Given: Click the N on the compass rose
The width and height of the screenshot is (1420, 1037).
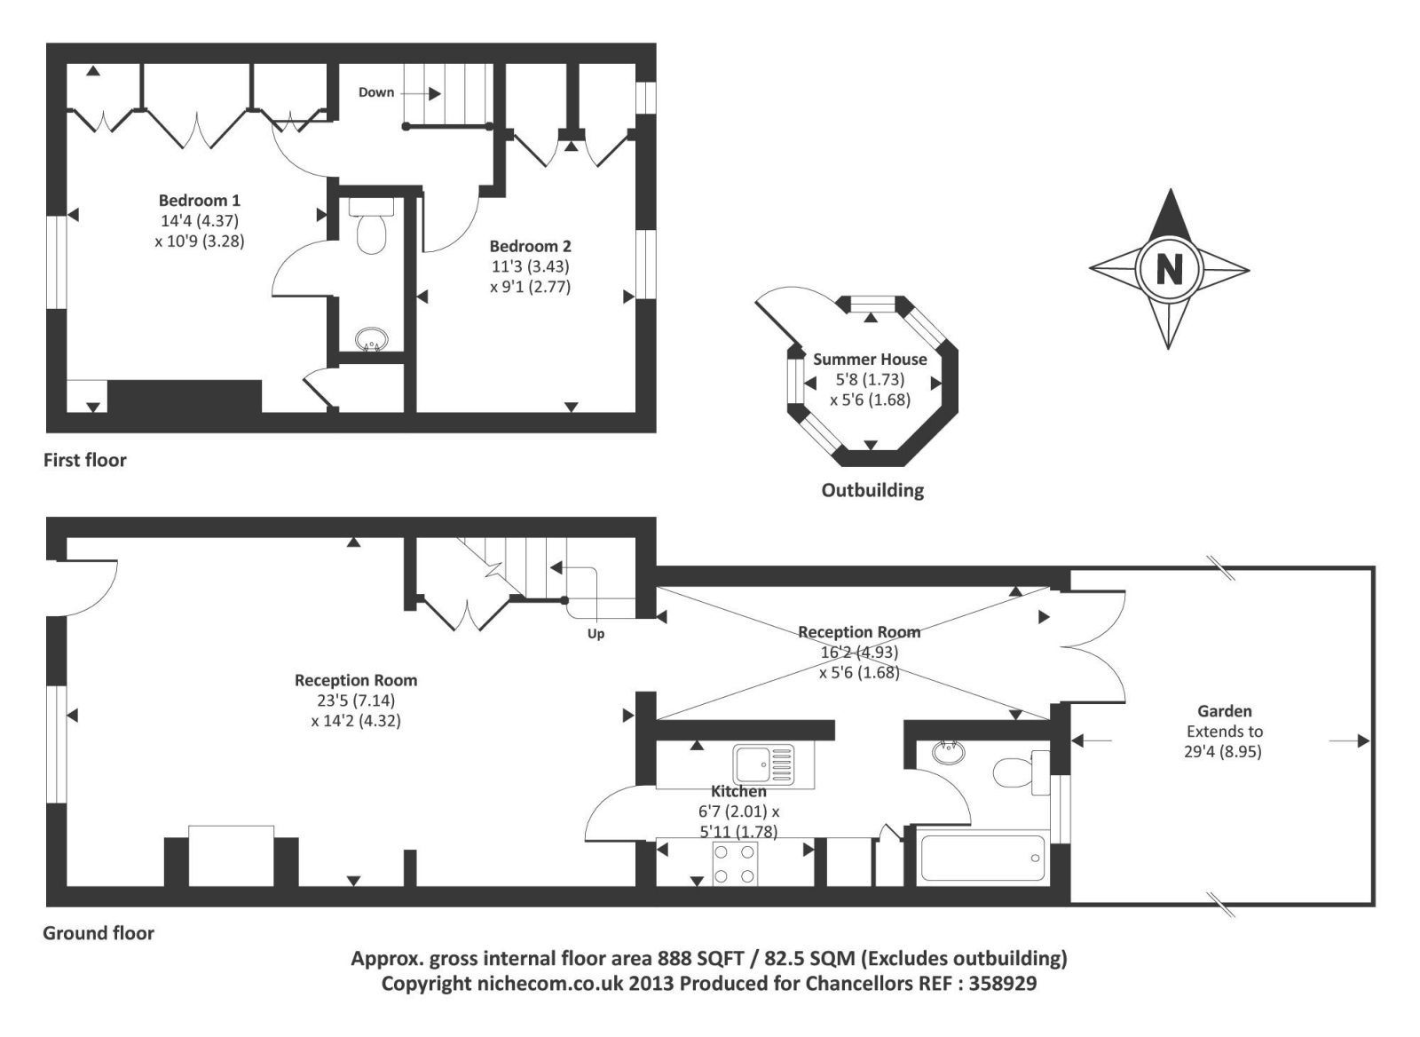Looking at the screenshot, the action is pyautogui.click(x=1169, y=268).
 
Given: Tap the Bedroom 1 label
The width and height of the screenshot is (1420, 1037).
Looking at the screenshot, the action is pyautogui.click(x=199, y=201).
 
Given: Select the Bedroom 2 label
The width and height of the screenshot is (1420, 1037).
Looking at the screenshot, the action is pyautogui.click(x=530, y=246).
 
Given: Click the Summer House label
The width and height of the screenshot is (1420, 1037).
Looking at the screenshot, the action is pyautogui.click(x=870, y=360).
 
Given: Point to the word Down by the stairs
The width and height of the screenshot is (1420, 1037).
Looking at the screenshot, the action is pyautogui.click(x=376, y=92).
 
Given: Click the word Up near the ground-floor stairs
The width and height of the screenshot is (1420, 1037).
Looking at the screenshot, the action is pyautogui.click(x=596, y=634).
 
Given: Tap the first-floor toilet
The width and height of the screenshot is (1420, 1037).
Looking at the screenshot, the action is pyautogui.click(x=371, y=227).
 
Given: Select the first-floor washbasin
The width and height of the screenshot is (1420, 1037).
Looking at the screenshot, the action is pyautogui.click(x=371, y=338).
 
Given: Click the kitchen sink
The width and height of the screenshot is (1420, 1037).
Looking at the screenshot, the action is pyautogui.click(x=762, y=764).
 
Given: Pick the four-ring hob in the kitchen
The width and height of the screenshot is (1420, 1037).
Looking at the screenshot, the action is pyautogui.click(x=736, y=864).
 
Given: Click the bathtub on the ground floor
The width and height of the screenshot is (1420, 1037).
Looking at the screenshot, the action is pyautogui.click(x=982, y=858).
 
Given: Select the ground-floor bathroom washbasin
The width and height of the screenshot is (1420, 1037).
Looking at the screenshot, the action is pyautogui.click(x=949, y=753).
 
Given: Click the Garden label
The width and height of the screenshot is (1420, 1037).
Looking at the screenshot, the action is pyautogui.click(x=1224, y=711).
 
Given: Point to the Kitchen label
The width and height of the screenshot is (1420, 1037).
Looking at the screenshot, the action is pyautogui.click(x=738, y=791).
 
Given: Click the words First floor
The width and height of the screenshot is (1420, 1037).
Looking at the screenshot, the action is pyautogui.click(x=85, y=460).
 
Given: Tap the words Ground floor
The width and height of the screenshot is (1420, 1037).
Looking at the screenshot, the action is pyautogui.click(x=99, y=933).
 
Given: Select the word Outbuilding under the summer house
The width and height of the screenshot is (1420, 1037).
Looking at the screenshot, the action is pyautogui.click(x=872, y=490).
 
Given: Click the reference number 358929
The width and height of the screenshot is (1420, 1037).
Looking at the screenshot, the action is pyautogui.click(x=1003, y=984).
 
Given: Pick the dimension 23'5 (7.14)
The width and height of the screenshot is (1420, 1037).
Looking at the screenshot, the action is pyautogui.click(x=356, y=701).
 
